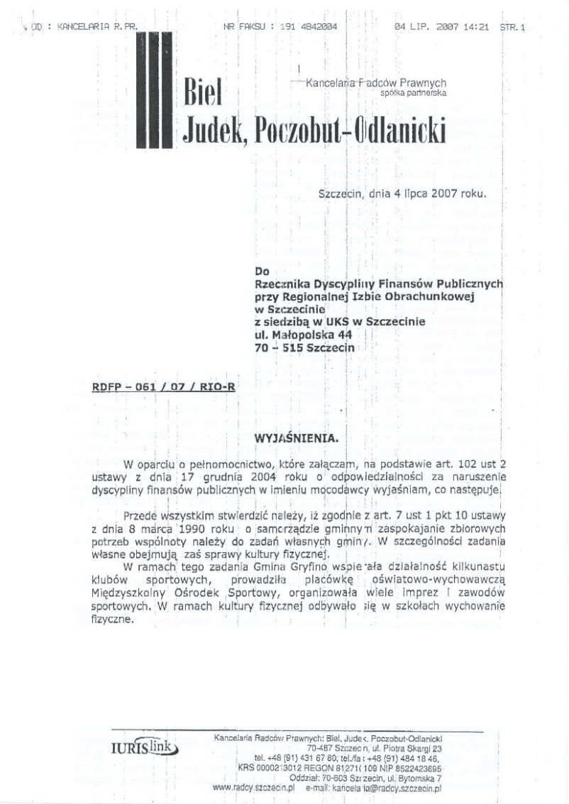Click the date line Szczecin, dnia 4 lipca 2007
402,191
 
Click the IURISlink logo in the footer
145,749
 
